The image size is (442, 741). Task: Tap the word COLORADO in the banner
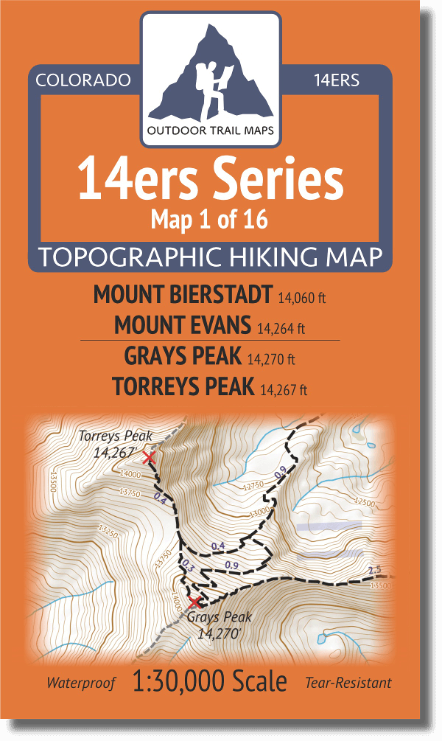click(83, 80)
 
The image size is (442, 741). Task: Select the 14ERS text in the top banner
click(336, 80)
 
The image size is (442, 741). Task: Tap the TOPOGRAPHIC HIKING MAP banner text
click(210, 257)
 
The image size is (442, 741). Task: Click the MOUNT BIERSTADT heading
click(183, 295)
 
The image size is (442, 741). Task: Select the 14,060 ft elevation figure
click(302, 299)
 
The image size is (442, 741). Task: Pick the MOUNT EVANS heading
click(183, 324)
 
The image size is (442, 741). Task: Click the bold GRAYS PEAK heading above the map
click(183, 356)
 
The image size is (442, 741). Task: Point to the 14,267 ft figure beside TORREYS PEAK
click(284, 389)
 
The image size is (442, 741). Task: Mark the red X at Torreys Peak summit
click(149, 458)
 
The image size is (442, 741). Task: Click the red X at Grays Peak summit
click(194, 602)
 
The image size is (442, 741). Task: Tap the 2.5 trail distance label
click(374, 570)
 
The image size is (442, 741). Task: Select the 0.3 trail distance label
click(186, 566)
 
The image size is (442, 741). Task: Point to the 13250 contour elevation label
click(108, 530)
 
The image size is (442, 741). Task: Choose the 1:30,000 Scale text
click(210, 682)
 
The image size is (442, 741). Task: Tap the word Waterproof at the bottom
click(81, 683)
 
